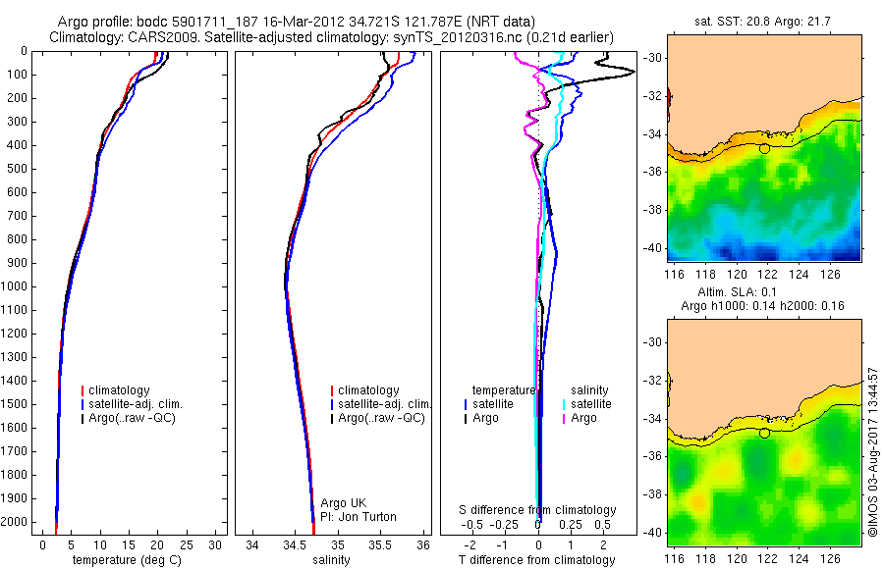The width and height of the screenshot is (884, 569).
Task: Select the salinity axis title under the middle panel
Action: click(x=330, y=560)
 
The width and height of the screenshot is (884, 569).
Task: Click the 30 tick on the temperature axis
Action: click(x=217, y=544)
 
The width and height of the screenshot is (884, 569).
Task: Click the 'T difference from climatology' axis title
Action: click(x=538, y=560)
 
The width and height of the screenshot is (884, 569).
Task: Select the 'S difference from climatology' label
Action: click(x=538, y=510)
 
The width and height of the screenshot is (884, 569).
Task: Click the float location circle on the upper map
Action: click(x=764, y=148)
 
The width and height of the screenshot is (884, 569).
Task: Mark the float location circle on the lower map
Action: click(x=764, y=433)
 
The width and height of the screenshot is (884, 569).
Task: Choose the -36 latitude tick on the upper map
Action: click(x=654, y=171)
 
